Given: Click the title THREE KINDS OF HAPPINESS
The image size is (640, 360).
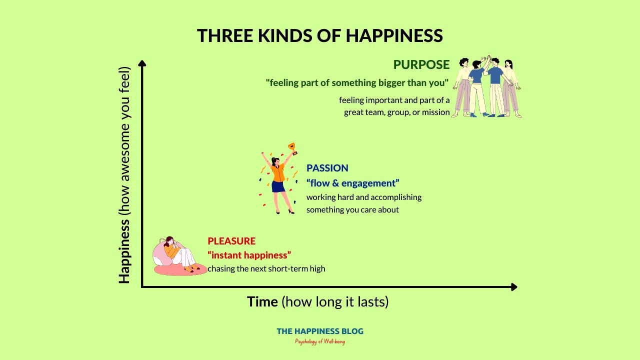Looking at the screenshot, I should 319,36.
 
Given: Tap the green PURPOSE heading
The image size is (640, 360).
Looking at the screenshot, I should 421,65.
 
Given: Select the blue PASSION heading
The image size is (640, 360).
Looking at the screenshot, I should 327,168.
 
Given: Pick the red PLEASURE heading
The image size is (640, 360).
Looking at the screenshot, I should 231,241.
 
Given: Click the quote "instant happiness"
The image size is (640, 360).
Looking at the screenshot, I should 249,255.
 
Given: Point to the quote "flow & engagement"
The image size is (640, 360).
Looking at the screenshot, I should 352,183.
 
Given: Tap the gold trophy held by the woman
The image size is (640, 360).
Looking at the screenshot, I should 292,148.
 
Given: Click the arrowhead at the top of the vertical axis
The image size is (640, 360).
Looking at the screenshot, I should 142,63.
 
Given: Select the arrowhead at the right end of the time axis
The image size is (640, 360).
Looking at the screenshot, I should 513,286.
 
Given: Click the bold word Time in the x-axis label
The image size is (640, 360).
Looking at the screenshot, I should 262,302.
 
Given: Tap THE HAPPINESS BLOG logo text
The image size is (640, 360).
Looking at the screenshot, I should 320,331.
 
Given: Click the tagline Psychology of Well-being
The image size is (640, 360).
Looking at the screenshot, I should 320,341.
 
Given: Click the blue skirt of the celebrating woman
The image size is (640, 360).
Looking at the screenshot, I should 278,186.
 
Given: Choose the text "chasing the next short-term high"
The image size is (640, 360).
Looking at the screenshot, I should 266,269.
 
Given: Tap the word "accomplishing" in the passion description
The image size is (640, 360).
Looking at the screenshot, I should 395,197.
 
